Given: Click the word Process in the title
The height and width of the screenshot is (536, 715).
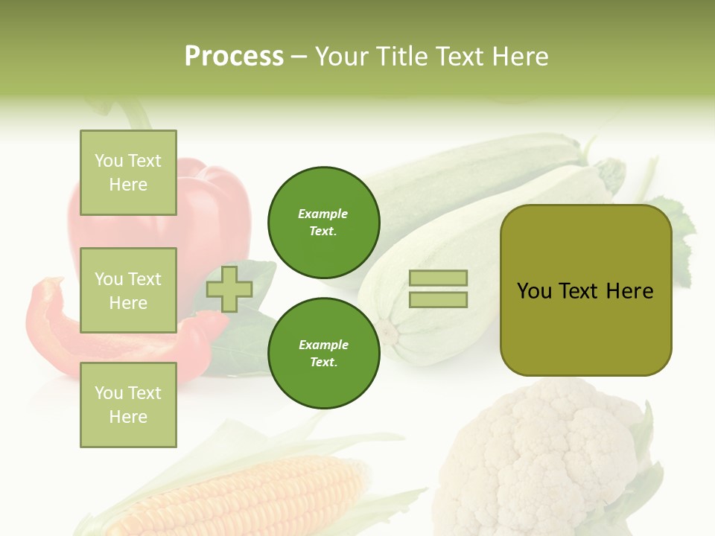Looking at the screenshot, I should coord(234,57).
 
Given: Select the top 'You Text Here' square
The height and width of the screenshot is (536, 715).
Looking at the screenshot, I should coord(128,173).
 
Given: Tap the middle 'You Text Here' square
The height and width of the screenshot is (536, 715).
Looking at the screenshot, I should coord(128,290).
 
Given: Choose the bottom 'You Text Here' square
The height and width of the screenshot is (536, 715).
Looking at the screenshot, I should coord(128,405).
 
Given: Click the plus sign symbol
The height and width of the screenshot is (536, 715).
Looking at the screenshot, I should coord(229,289).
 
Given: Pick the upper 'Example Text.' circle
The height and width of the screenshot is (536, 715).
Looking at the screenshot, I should coord(324,223).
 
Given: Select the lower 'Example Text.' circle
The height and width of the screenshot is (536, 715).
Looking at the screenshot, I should coord(324,354).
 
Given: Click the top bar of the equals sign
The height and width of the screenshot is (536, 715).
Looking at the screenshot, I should coord(438,278).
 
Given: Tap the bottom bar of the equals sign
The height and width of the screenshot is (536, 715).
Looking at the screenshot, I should coord(438,300).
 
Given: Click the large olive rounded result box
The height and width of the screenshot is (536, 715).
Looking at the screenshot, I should coord(585,290).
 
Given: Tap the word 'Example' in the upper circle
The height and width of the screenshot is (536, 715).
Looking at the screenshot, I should coord(323,214).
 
